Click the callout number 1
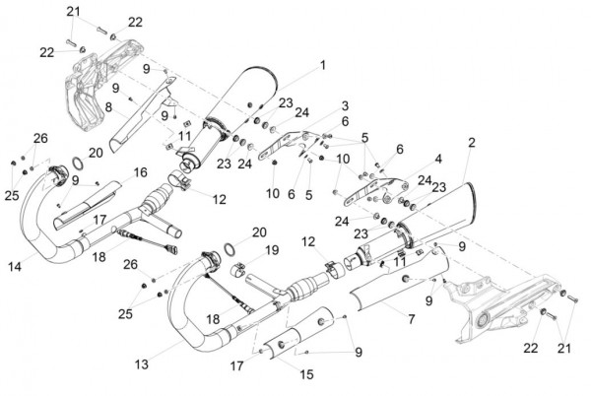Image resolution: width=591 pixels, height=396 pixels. coord(323,66)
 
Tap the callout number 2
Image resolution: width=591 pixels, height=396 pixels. coord(472,143)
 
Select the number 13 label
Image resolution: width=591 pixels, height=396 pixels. coord(142,364)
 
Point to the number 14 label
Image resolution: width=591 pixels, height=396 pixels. coord(15,267)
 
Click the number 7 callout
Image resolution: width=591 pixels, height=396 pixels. coord(411,319)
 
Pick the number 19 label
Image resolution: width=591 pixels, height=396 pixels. coord(272,250)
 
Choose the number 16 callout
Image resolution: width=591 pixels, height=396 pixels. coord(140,172)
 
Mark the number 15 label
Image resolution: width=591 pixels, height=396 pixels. coord(306,374)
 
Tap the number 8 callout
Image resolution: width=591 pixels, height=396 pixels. coord(108,107)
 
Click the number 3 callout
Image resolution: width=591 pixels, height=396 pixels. coord(345,105)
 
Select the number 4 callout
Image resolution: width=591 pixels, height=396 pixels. coord(438,159)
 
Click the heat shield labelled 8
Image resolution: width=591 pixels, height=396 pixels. coord(143,113)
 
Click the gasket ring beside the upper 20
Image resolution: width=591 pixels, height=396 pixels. coord(78,164)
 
